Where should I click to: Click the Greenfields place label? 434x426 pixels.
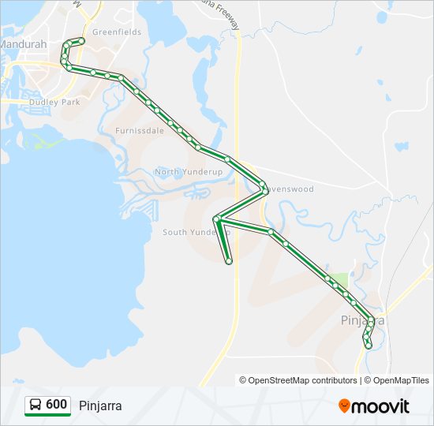click(117, 32)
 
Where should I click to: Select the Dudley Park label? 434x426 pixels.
click(54, 102)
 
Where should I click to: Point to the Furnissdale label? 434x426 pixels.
click(140, 131)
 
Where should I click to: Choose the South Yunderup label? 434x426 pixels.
click(195, 233)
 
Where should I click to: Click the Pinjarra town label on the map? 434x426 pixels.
click(362, 321)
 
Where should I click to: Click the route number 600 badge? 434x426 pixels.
click(56, 404)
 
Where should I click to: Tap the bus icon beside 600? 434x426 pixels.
click(36, 405)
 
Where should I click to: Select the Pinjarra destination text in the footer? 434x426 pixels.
click(100, 405)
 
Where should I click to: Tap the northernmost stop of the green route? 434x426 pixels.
click(81, 40)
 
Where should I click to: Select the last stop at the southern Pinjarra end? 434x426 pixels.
click(368, 346)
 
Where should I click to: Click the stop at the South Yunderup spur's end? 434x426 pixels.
click(229, 261)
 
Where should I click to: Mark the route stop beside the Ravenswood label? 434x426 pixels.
click(264, 187)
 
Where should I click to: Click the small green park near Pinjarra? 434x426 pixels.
click(339, 280)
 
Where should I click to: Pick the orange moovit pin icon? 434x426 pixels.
click(344, 406)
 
